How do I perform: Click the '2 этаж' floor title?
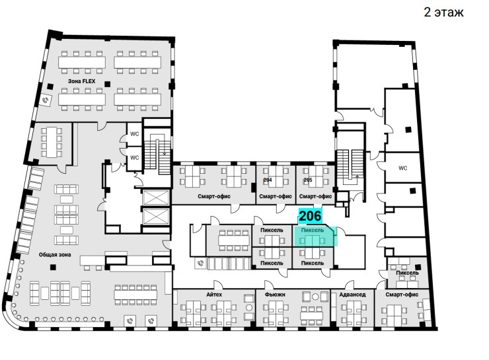(x=443, y=12)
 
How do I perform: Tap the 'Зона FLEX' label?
(x=82, y=81)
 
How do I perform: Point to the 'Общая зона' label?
(x=55, y=255)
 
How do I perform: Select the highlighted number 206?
(x=310, y=216)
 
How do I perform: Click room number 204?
(x=268, y=180)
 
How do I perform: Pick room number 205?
(x=308, y=180)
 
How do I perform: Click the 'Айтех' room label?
(x=214, y=295)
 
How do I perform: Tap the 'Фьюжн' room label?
(x=275, y=295)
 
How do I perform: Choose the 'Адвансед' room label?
(x=352, y=295)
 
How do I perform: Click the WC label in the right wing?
(x=403, y=168)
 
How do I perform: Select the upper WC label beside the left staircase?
(x=135, y=134)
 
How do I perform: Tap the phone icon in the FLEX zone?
(x=46, y=100)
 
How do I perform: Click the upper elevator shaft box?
(x=155, y=198)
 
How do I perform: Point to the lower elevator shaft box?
(x=155, y=217)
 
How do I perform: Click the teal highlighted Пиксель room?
(x=315, y=236)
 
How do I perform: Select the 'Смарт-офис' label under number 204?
(x=276, y=197)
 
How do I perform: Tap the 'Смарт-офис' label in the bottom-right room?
(x=402, y=295)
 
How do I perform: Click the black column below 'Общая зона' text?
(x=54, y=267)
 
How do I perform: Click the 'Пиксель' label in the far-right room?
(x=407, y=273)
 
